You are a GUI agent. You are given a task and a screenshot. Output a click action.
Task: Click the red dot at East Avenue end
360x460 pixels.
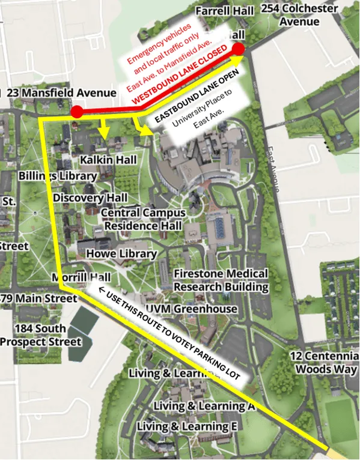click(239, 49)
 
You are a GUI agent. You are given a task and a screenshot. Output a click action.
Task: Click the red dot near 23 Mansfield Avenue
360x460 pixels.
click(77, 112)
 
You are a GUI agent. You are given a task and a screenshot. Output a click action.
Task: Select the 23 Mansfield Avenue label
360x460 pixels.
click(61, 93)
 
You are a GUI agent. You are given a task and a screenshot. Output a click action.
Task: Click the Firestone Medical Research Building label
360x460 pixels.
click(221, 280)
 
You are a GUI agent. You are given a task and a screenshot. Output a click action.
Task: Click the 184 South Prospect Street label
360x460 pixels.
click(41, 335)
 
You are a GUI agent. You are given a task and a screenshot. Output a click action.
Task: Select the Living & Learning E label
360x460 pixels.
click(187, 426)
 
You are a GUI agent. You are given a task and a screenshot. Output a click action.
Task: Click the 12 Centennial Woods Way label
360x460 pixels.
click(325, 362)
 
